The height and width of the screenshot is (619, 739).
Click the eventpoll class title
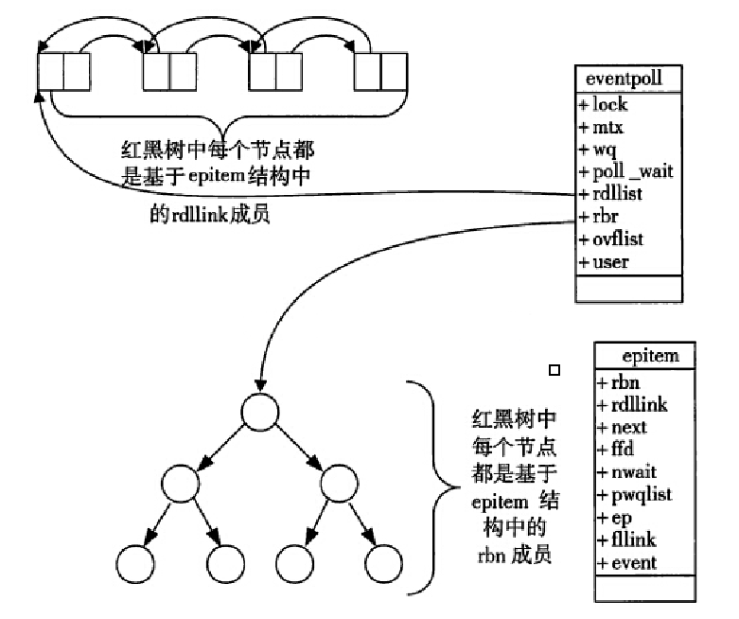[x=624, y=79]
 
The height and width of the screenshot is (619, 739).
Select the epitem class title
[x=650, y=356]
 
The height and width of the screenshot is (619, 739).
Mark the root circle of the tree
[x=259, y=412]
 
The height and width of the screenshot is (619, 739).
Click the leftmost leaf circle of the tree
[x=135, y=564]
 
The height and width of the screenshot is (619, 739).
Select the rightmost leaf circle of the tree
[x=383, y=564]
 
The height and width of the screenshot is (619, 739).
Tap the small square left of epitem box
[x=554, y=371]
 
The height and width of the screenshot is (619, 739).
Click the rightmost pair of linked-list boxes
[x=380, y=72]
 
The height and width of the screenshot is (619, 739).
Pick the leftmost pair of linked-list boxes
[x=63, y=72]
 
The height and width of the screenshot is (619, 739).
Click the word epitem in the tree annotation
[x=500, y=503]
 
